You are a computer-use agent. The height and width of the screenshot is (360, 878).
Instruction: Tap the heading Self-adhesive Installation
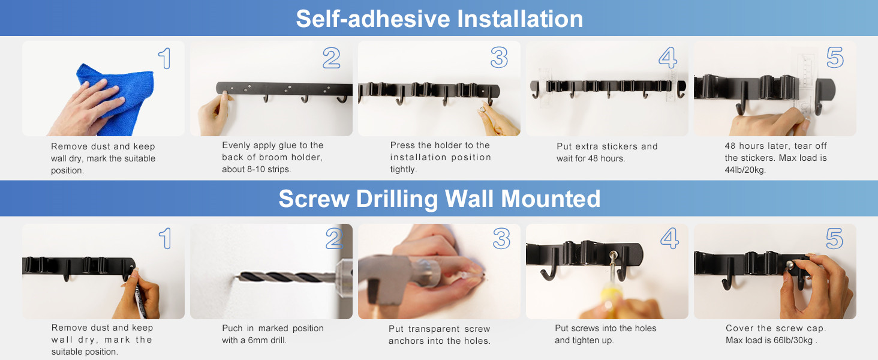[440, 19]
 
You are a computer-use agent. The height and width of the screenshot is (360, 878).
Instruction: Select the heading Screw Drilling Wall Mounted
[440, 199]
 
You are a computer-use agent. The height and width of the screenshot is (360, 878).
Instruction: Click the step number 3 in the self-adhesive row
[499, 58]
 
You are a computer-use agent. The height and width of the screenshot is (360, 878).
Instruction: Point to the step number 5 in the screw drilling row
[834, 238]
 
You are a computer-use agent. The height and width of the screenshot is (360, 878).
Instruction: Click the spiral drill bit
[286, 277]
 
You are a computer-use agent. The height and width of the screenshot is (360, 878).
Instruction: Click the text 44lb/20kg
[745, 170]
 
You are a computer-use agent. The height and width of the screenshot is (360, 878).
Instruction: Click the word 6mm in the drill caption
[258, 340]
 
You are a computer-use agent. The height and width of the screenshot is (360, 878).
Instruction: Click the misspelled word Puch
[232, 328]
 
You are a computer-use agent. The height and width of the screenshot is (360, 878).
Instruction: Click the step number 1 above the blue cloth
[165, 58]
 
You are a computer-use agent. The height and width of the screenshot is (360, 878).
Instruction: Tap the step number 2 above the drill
[334, 238]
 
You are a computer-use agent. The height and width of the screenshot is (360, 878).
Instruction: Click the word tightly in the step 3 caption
[403, 169]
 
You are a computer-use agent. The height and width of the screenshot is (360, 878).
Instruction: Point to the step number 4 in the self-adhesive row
[667, 58]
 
